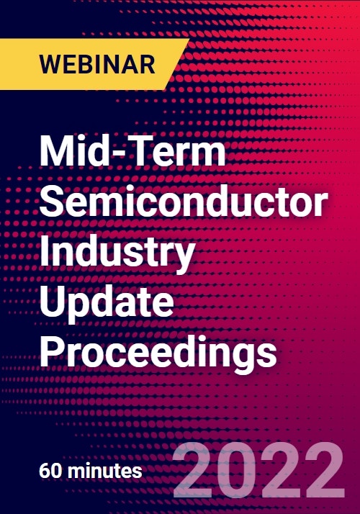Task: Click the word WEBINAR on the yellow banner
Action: (97, 64)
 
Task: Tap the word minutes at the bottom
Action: (104, 471)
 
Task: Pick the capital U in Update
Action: (53, 300)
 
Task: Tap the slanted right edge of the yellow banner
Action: (176, 64)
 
